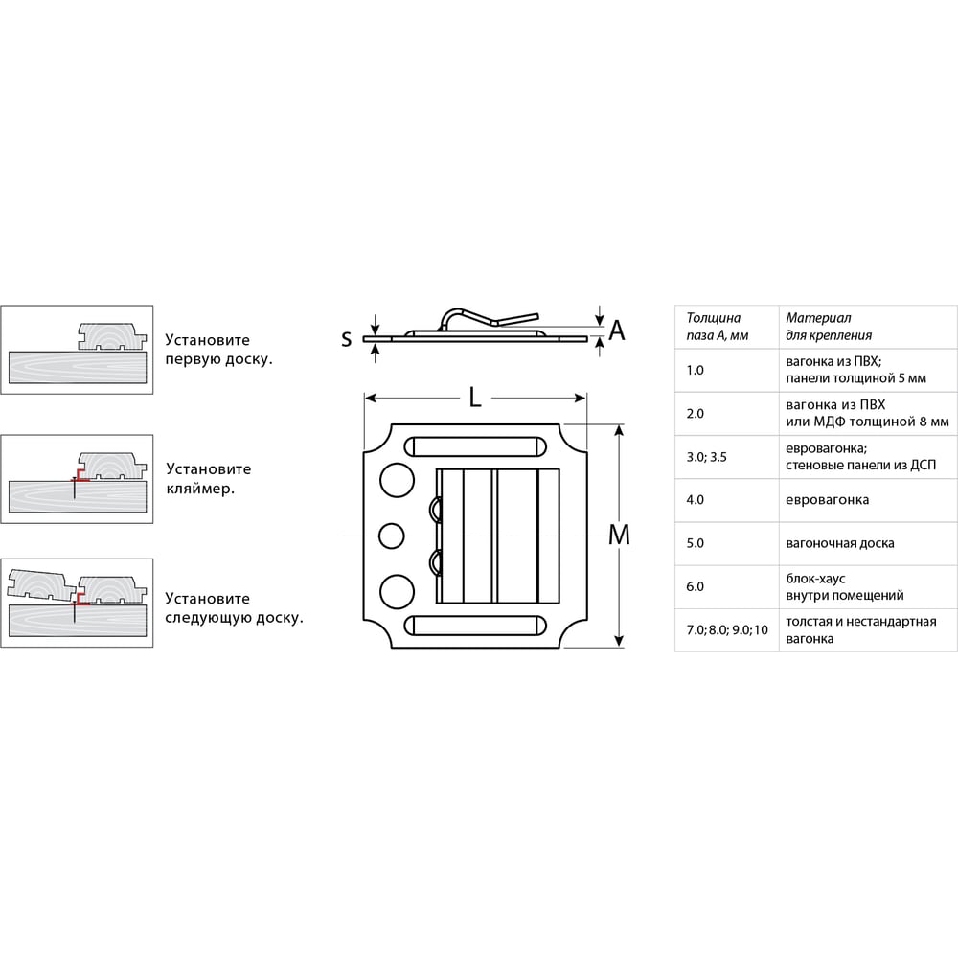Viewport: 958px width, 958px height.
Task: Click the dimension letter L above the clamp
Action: click(475, 398)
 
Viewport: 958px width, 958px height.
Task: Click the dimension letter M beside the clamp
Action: click(619, 536)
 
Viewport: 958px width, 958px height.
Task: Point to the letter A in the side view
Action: click(617, 331)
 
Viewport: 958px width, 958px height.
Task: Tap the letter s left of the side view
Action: click(347, 338)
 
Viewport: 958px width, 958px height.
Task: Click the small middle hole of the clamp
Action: click(392, 536)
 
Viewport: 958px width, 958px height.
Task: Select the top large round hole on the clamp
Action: click(398, 480)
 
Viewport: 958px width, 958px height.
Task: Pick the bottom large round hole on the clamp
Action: click(398, 592)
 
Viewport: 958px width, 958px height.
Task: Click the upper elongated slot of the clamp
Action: click(475, 446)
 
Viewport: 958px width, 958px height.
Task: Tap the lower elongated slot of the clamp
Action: click(475, 625)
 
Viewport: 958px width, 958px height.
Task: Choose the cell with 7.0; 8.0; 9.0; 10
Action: click(727, 630)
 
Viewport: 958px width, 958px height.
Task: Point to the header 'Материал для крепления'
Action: click(829, 327)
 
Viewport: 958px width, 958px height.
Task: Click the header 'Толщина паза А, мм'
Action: click(718, 327)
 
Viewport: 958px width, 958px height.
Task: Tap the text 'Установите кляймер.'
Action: click(208, 478)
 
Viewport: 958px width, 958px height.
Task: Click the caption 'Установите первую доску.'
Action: click(218, 350)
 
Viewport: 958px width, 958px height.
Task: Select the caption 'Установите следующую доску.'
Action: click(234, 608)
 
